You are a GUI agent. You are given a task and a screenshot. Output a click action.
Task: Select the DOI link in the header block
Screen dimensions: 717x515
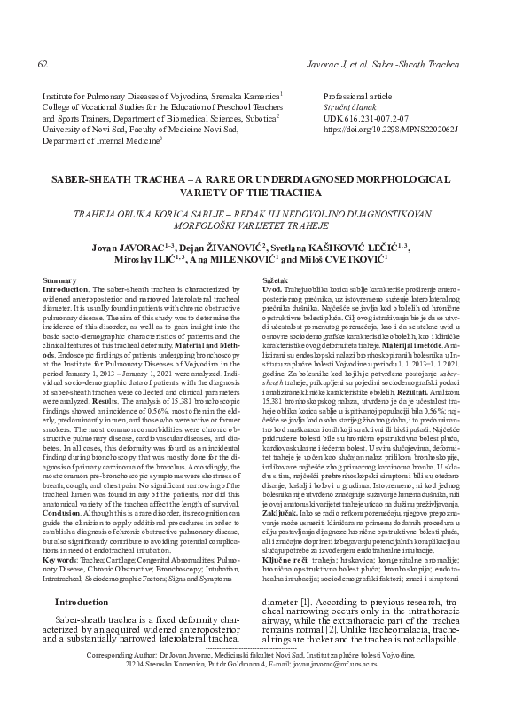coord(392,129)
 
